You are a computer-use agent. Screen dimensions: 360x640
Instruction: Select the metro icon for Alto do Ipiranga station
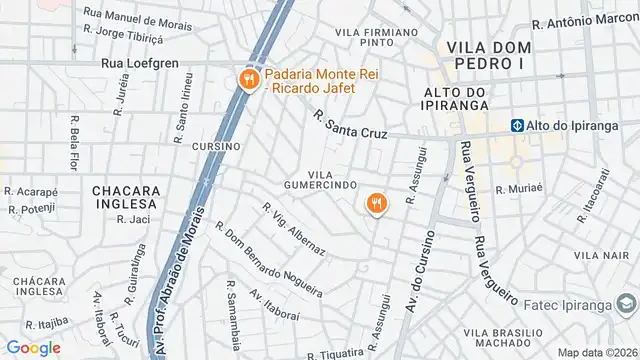click(x=518, y=126)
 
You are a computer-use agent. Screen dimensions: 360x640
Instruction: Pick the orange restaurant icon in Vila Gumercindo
click(x=377, y=203)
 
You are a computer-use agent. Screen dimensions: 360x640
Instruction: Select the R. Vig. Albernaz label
click(x=293, y=229)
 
